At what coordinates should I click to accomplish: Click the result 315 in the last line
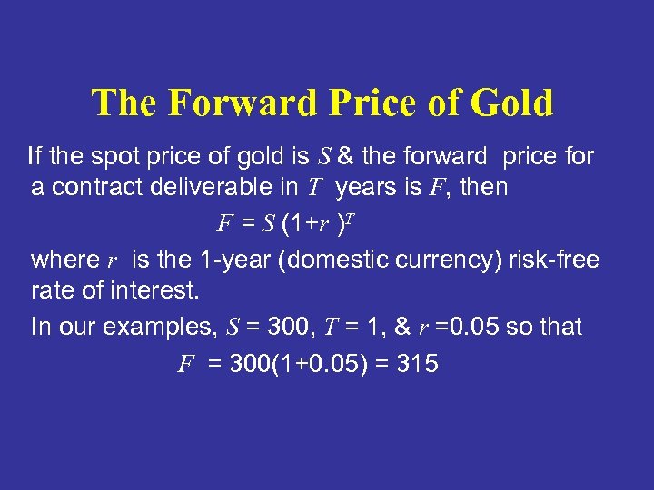tap(417, 364)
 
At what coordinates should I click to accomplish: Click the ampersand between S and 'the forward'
tap(345, 156)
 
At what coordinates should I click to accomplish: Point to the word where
tap(64, 260)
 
